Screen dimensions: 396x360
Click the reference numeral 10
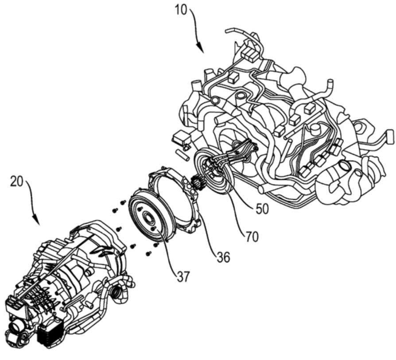pos(181,11)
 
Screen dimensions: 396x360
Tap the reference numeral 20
pos(17,181)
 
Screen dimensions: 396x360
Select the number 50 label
pos(262,209)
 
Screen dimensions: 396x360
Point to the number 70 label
pos(252,236)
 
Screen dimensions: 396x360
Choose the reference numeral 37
pos(182,277)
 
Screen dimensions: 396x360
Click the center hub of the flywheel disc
pos(148,217)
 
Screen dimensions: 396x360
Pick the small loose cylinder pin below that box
pos(182,155)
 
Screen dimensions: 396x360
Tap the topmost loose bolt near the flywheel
pos(124,202)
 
